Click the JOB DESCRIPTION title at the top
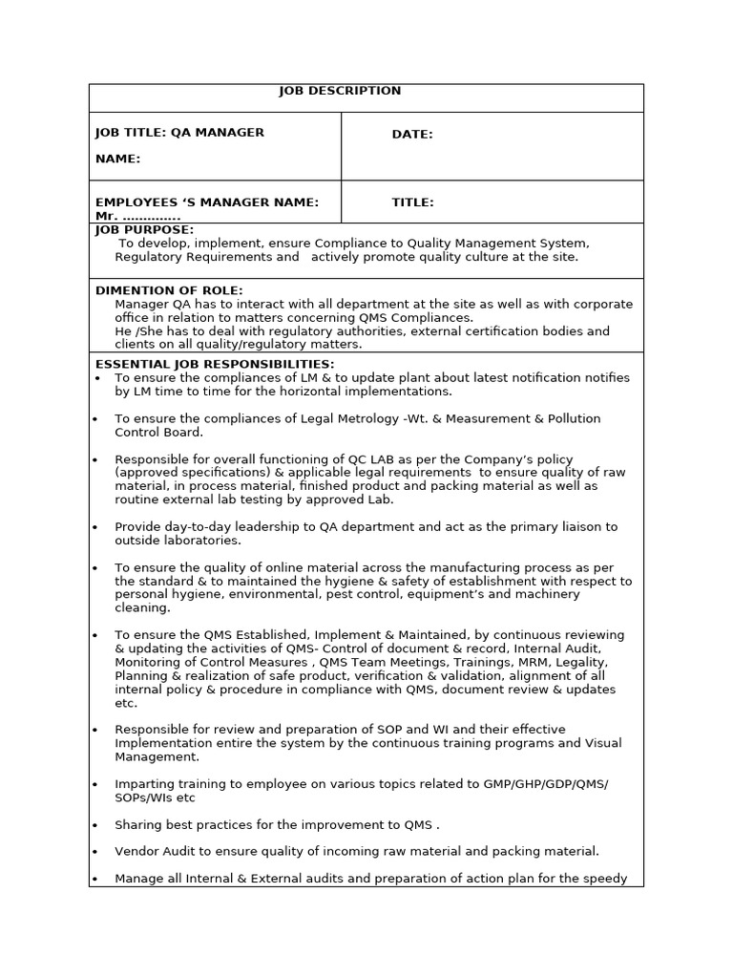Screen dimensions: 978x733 340,91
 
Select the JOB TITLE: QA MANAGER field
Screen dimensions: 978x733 179,133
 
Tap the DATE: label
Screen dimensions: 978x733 411,135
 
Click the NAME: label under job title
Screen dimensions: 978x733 117,159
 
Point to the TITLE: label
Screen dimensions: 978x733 412,202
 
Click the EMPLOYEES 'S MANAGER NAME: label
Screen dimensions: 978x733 206,202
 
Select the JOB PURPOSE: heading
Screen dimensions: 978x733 144,230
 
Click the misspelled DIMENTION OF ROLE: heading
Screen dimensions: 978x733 169,290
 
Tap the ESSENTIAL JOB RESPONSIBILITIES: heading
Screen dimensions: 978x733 215,364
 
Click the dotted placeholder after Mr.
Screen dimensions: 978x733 152,217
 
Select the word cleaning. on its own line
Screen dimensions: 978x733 142,607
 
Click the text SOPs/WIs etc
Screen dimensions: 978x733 155,797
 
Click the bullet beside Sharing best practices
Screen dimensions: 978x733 95,825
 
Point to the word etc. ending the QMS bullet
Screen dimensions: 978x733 126,703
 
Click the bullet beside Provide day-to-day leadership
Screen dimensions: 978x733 95,527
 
